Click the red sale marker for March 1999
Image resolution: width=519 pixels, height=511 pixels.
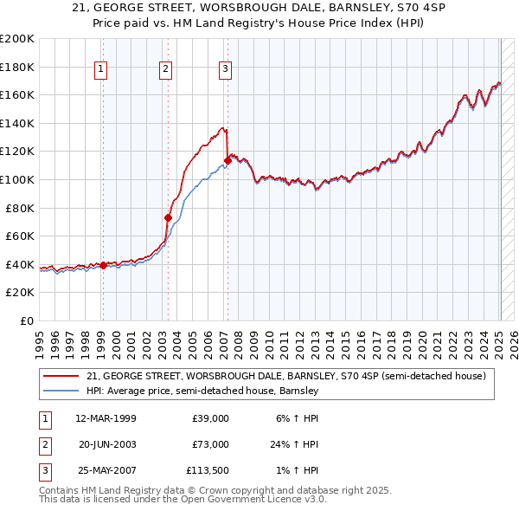(x=103, y=265)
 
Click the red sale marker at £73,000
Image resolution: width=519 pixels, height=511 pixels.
(x=168, y=217)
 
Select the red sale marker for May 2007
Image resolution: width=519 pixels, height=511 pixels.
(x=227, y=159)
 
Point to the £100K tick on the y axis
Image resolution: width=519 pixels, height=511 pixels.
(x=18, y=179)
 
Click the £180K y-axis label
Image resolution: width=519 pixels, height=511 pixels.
(x=18, y=67)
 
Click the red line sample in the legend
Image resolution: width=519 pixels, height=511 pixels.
(x=61, y=377)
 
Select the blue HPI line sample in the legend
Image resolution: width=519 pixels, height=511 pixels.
(x=61, y=391)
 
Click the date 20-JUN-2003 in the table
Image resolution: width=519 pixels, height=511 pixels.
(x=106, y=444)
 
